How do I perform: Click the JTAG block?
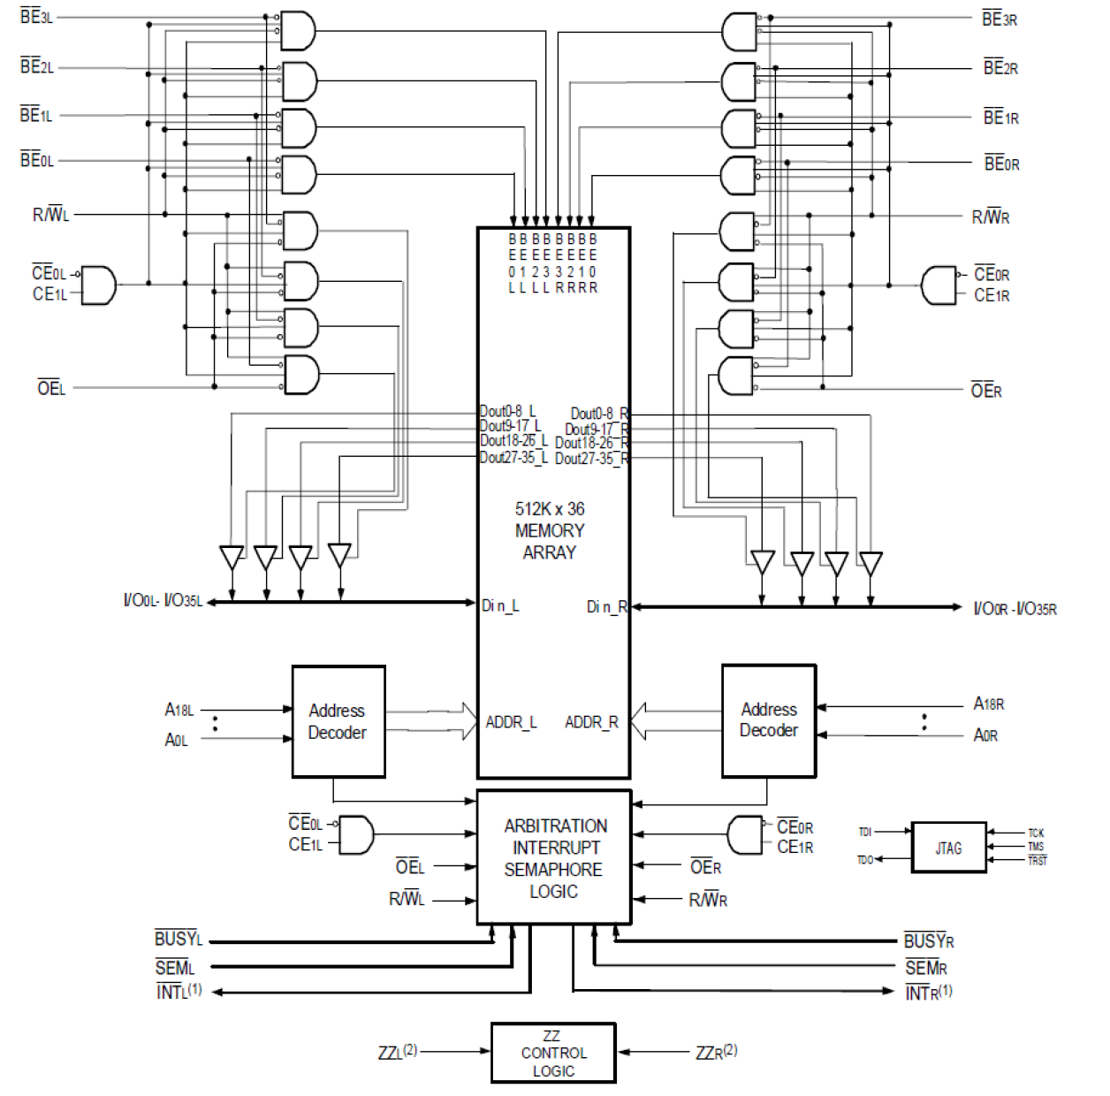[x=948, y=848]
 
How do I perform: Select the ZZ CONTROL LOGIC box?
[x=553, y=1053]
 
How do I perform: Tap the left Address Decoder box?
[x=338, y=721]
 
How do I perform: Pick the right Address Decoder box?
[x=768, y=720]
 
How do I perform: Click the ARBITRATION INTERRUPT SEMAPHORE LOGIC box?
[x=554, y=857]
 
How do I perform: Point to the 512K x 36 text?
[x=550, y=509]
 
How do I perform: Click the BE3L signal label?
[x=36, y=17]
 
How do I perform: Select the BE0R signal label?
[x=1001, y=164]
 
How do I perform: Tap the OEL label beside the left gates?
[x=51, y=388]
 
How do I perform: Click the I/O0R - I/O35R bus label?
[x=1015, y=608]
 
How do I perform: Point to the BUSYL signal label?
[x=179, y=939]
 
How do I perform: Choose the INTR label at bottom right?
[x=928, y=993]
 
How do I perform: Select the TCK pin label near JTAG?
[x=1036, y=833]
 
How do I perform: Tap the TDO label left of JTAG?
[x=865, y=859]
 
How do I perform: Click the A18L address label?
[x=179, y=710]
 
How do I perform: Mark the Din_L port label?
[x=500, y=605]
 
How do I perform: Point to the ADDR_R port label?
[x=591, y=722]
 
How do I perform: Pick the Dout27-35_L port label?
[x=513, y=457]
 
